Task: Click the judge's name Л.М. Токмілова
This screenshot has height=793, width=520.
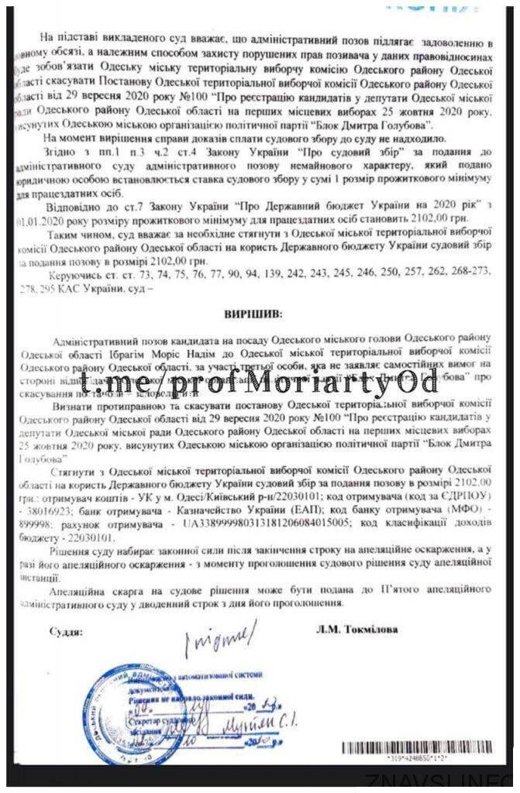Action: pyautogui.click(x=357, y=630)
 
